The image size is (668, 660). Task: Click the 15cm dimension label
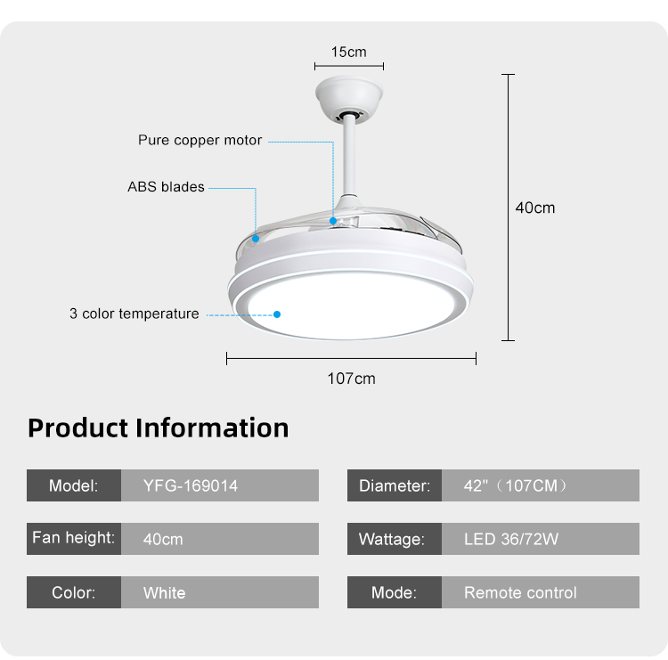pos(348,52)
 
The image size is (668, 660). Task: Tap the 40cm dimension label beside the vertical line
pos(535,208)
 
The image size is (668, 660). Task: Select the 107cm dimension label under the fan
pos(352,379)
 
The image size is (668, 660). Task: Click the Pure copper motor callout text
pos(200,140)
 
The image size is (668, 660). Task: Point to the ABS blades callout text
pos(167,187)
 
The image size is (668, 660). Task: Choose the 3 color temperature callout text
pos(134,314)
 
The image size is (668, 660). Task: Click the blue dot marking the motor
pos(333,221)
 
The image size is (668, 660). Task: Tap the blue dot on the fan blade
pos(256,239)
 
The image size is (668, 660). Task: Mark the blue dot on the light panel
pos(277,314)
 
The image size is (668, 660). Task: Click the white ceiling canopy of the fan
pos(349,98)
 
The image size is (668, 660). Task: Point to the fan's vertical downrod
pos(349,157)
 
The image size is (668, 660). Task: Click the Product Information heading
pos(158,428)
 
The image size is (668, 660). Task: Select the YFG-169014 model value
pos(191,485)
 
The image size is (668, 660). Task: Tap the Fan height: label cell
pos(74,539)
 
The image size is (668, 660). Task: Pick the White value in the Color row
pos(165,592)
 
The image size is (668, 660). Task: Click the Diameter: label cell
pos(395,485)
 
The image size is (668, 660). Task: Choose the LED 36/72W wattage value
pos(511,539)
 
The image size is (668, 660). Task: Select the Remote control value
pos(520,592)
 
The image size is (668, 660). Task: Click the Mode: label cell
pos(395,592)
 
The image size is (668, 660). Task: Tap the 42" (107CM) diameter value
pos(515,485)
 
